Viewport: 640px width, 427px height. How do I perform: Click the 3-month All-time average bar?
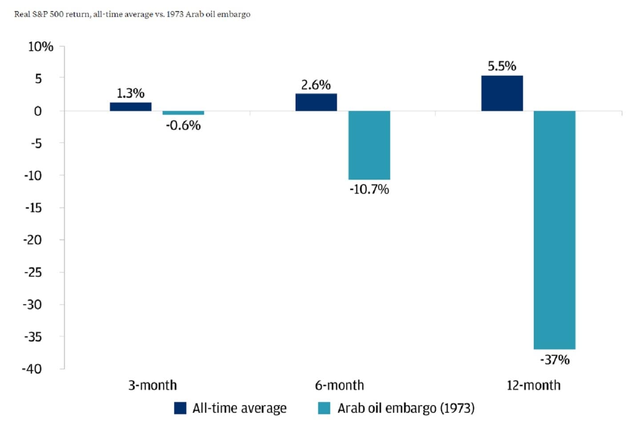[x=130, y=107]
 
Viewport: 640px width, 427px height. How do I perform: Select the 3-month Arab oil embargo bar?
[x=183, y=113]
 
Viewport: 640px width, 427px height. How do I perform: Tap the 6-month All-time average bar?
[x=316, y=102]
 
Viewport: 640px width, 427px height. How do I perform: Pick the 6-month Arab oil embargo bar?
[x=369, y=145]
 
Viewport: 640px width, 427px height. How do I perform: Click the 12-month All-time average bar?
[x=502, y=93]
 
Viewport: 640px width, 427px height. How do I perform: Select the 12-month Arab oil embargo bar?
[x=554, y=230]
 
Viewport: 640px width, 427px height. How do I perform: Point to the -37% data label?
[x=555, y=359]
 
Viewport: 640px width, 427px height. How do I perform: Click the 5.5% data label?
[x=502, y=66]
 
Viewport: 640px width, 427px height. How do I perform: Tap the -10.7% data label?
[x=369, y=189]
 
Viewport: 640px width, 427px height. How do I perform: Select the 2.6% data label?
[x=316, y=85]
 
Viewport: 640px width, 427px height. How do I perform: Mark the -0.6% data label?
[x=183, y=125]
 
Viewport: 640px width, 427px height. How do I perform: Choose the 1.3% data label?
[x=130, y=93]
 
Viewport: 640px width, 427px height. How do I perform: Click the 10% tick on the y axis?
[x=40, y=47]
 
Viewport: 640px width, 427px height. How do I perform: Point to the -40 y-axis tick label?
[x=32, y=369]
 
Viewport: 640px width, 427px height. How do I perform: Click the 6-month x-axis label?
[x=339, y=385]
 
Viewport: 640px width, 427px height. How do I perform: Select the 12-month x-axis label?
[x=533, y=385]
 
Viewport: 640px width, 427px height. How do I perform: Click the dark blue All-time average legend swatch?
[x=180, y=408]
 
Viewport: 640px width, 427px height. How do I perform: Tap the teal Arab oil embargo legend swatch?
[x=324, y=408]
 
